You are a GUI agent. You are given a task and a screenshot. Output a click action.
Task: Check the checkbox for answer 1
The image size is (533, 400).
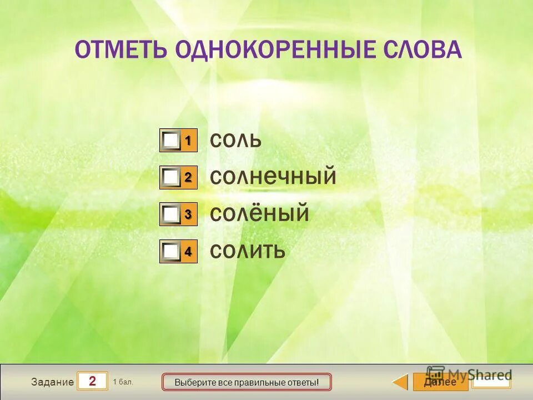(x=172, y=141)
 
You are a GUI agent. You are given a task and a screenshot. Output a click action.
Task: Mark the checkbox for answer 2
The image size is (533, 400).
(x=172, y=178)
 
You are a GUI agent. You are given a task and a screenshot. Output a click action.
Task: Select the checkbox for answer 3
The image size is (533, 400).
(x=172, y=214)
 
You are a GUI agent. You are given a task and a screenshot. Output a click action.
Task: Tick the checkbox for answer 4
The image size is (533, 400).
(x=172, y=252)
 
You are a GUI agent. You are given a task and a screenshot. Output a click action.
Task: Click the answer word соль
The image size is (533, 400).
(x=235, y=141)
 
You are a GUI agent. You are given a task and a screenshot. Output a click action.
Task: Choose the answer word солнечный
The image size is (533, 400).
(x=273, y=177)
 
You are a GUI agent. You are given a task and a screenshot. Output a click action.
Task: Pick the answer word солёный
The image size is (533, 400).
(x=259, y=214)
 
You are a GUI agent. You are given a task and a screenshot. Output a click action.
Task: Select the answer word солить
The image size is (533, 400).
(x=248, y=251)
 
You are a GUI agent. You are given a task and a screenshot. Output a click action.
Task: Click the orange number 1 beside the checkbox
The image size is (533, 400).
(x=188, y=141)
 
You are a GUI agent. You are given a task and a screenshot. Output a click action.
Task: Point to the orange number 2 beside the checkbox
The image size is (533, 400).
(x=188, y=177)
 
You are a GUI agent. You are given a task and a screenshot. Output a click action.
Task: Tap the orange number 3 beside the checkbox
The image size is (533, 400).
(x=188, y=214)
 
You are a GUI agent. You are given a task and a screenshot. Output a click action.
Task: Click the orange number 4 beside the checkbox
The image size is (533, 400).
(x=188, y=251)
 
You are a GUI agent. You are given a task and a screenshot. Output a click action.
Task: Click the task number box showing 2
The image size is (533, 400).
(x=92, y=382)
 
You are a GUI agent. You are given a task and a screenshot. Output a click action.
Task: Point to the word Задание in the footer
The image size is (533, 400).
(x=52, y=382)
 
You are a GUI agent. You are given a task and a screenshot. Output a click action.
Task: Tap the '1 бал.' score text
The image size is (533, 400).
(x=123, y=382)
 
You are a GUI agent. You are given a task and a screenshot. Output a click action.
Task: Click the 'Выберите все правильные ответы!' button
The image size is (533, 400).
(x=246, y=382)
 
